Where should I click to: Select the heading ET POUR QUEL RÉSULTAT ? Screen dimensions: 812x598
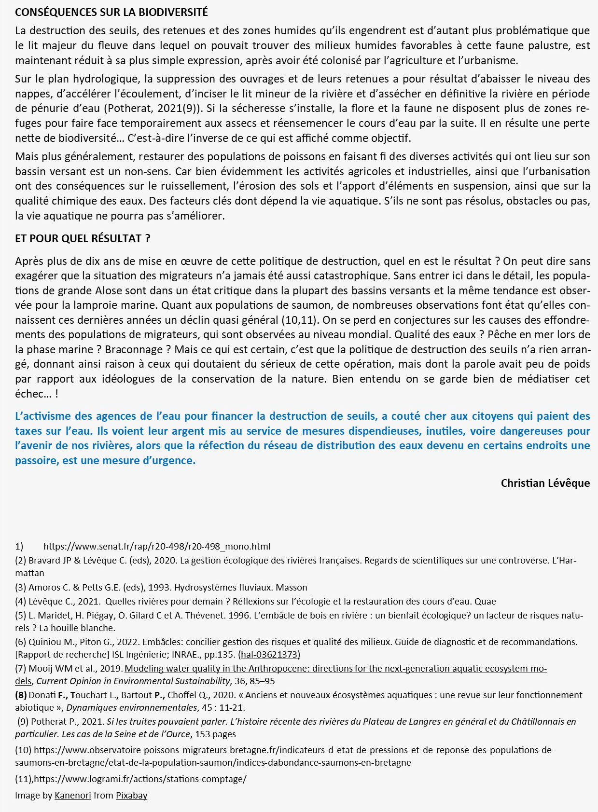[83, 238]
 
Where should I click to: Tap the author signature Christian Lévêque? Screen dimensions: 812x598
[545, 483]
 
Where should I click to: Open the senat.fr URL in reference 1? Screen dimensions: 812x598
[157, 547]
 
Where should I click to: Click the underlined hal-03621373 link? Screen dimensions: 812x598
[269, 655]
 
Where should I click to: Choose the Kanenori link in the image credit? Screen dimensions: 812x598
[72, 796]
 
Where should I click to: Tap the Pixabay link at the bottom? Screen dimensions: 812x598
[131, 796]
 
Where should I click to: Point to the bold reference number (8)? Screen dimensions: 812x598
[21, 695]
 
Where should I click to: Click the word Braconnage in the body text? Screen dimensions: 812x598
[134, 349]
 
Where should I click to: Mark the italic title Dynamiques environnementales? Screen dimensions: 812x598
[132, 708]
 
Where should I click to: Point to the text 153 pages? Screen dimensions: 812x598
[215, 734]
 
